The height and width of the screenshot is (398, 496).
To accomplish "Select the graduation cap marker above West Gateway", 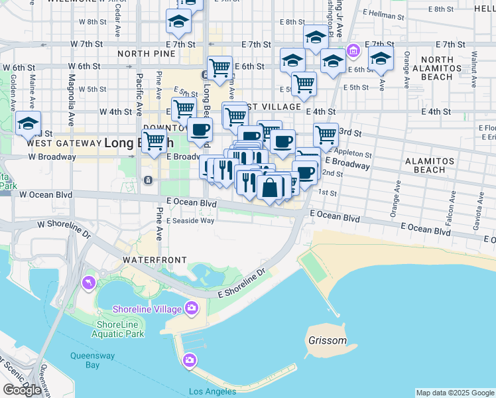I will [x=29, y=124].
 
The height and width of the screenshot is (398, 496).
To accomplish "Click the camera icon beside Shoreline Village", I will [x=192, y=307].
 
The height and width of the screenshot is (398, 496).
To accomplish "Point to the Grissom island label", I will [x=328, y=340].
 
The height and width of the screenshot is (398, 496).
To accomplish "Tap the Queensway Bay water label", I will [x=93, y=360].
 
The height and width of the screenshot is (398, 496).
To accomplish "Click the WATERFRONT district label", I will [x=154, y=260].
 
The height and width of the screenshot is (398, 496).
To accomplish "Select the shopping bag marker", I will [x=271, y=188].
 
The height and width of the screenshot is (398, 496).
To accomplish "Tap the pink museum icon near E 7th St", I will [x=353, y=51].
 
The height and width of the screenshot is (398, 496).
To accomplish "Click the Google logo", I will [x=22, y=390].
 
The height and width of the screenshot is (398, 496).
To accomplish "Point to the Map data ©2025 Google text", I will [x=455, y=393].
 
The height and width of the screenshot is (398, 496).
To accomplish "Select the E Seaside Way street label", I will [x=190, y=221].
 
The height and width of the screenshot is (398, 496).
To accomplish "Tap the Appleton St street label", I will [x=355, y=154].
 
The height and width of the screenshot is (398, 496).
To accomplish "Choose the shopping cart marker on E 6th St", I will [x=219, y=67].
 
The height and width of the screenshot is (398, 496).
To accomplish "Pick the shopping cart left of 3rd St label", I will [x=326, y=135].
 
